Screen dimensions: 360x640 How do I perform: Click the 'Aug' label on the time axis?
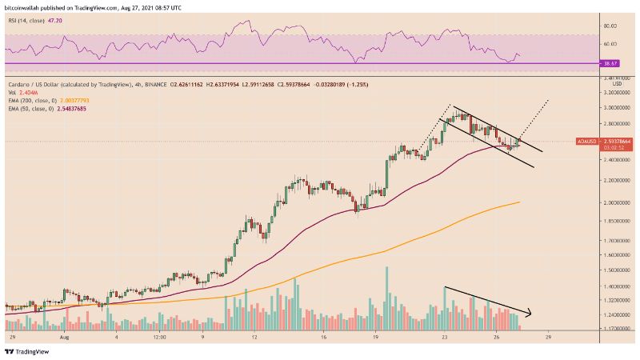tap(62, 338)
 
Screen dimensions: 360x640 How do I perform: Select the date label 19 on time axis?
tap(375, 338)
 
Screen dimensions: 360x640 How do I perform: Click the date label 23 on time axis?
tap(444, 338)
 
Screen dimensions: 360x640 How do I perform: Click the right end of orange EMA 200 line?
tap(520, 202)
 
